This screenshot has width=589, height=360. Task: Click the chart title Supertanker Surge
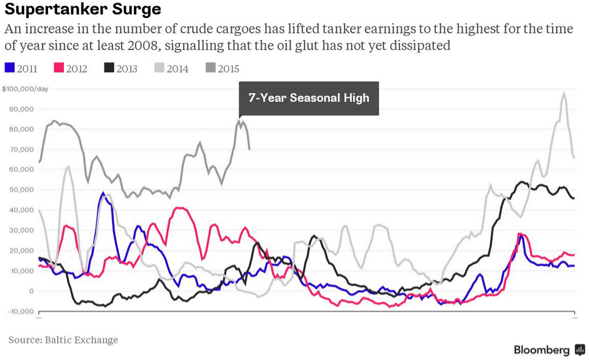pyautogui.click(x=83, y=10)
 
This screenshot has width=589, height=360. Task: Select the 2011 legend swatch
pyautogui.click(x=9, y=69)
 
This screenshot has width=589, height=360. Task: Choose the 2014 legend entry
pyautogui.click(x=171, y=69)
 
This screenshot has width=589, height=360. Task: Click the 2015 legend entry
pyautogui.click(x=222, y=69)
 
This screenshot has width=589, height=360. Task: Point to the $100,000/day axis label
pyautogui.click(x=25, y=89)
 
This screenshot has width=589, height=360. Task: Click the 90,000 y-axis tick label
pyautogui.click(x=23, y=109)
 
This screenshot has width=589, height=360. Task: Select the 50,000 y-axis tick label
pyautogui.click(x=23, y=190)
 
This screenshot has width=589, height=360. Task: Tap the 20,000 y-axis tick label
pyautogui.click(x=23, y=251)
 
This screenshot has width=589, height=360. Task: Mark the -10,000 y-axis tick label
pyautogui.click(x=21, y=311)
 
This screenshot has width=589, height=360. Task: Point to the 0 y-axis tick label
pyautogui.click(x=31, y=291)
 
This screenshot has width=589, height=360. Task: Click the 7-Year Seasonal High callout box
pyautogui.click(x=309, y=98)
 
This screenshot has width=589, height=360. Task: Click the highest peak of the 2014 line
pyautogui.click(x=564, y=93)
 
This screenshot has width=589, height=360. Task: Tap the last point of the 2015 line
pyautogui.click(x=249, y=149)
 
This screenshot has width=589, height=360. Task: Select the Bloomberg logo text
pyautogui.click(x=541, y=350)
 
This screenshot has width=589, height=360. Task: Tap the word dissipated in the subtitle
pyautogui.click(x=420, y=46)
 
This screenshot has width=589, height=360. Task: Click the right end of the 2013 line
pyautogui.click(x=574, y=198)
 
